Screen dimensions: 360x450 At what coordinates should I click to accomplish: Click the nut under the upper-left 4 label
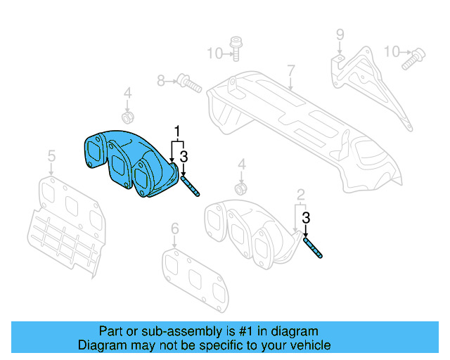coord(129,115)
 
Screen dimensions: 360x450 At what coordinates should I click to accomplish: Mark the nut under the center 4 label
coord(242,188)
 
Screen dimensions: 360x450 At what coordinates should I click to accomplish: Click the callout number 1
coord(178,131)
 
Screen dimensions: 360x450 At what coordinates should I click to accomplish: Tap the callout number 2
coord(300,194)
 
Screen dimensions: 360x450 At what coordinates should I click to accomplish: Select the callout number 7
coord(290,70)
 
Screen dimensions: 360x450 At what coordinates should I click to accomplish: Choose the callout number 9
coord(339,34)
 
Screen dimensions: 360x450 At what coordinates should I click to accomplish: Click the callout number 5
coord(51,156)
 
